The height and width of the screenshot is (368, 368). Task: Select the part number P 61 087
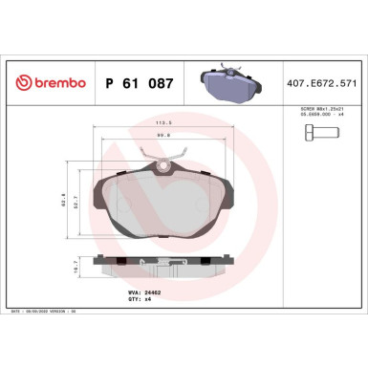[x=138, y=84]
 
